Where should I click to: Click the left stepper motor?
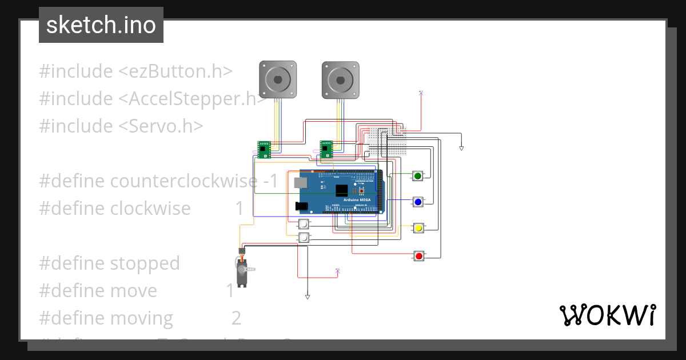(x=278, y=79)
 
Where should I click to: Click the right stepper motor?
(x=340, y=79)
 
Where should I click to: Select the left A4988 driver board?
(x=264, y=149)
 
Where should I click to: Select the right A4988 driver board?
(x=326, y=149)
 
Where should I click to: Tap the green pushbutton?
(x=418, y=175)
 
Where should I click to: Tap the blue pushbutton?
(x=418, y=202)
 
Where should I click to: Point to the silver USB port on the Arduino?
(x=300, y=182)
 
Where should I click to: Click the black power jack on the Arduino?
(x=302, y=206)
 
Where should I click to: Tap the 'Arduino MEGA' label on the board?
(x=358, y=199)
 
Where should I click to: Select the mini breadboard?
(x=387, y=142)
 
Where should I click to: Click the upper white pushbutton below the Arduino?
(x=304, y=224)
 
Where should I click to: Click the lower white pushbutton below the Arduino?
(x=304, y=237)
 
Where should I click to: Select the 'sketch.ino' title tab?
(x=101, y=25)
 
